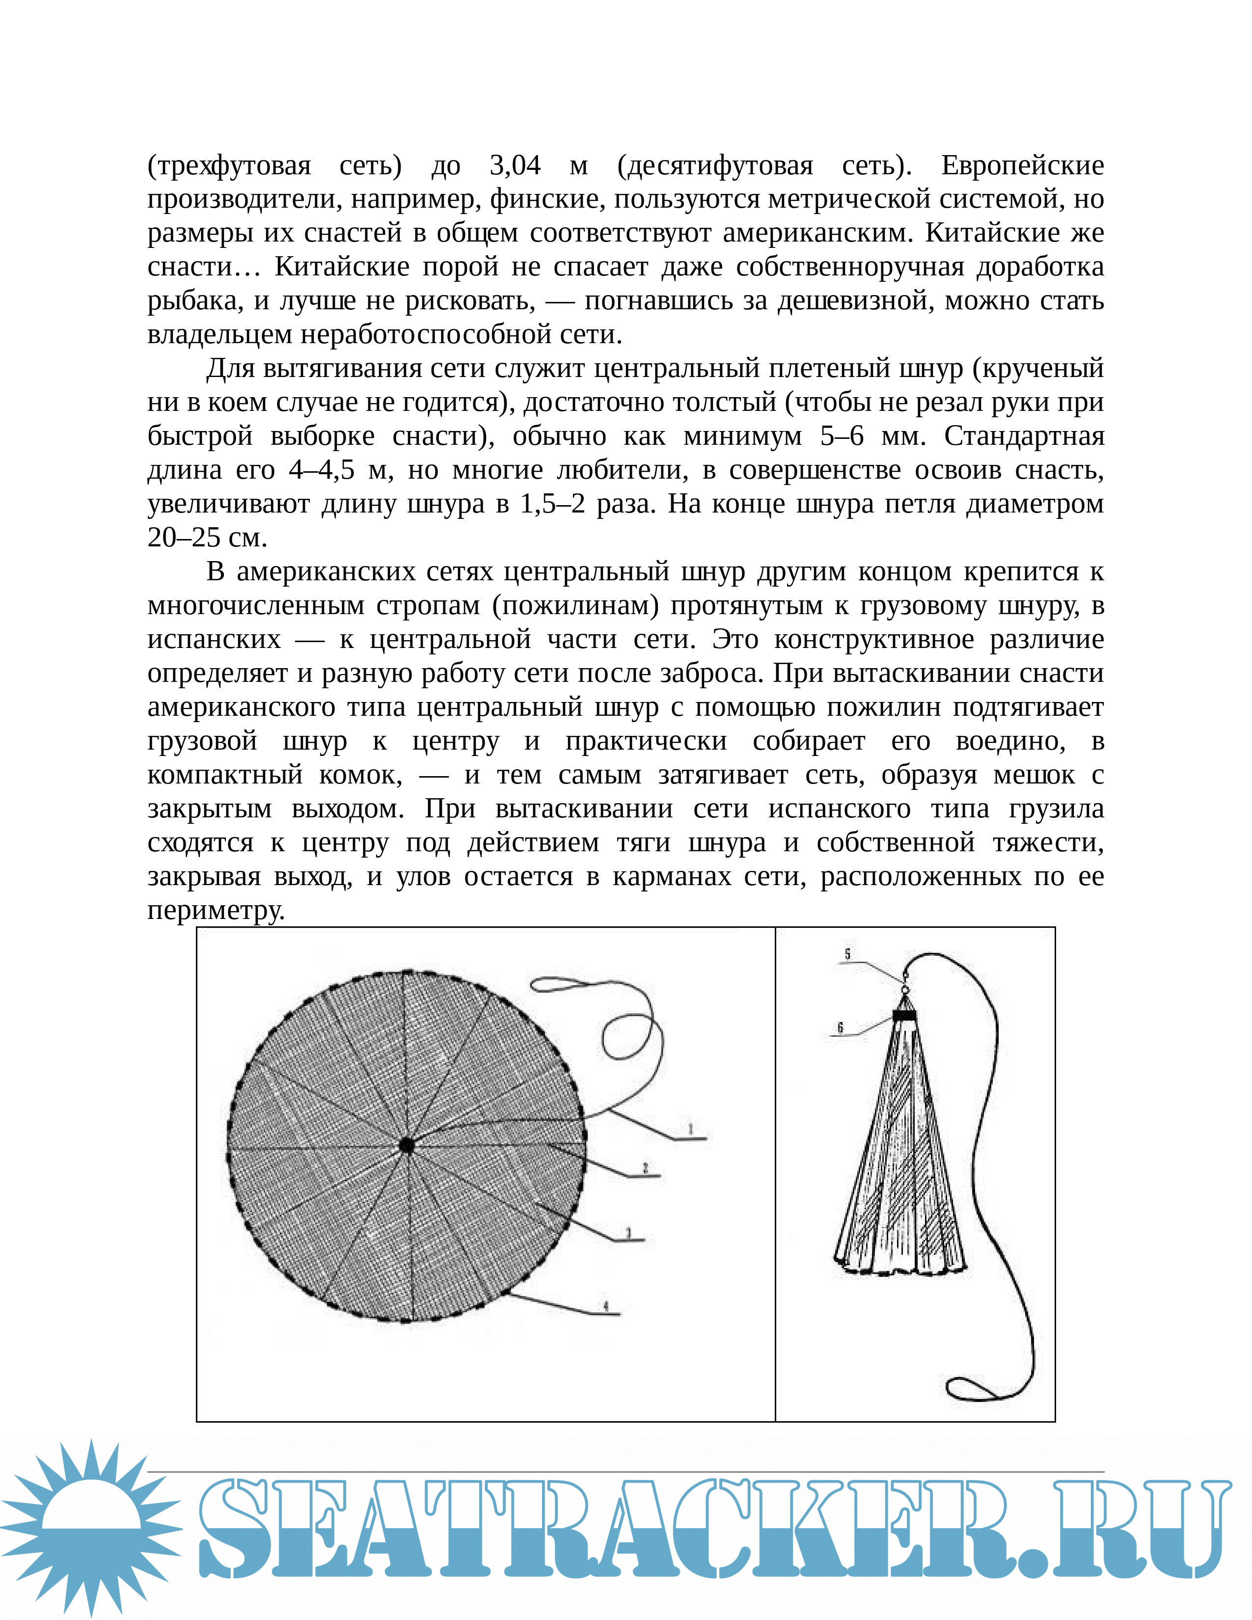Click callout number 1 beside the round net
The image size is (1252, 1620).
[690, 1130]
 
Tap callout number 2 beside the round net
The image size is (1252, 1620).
[645, 1168]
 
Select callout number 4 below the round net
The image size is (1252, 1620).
[606, 1306]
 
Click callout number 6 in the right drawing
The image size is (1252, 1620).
[841, 1027]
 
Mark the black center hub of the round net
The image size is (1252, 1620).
[407, 1146]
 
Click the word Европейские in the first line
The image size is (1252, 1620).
[1022, 164]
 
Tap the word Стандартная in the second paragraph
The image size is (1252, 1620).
[1024, 435]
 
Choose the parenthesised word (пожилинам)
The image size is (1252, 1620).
[575, 605]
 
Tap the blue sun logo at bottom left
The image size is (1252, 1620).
[90, 1528]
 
